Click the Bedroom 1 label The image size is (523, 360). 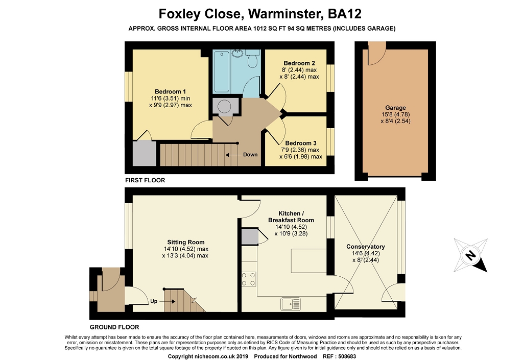170,92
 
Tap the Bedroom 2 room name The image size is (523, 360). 299,63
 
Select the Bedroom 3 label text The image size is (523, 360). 301,143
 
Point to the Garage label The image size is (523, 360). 396,108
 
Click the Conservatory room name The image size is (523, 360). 366,247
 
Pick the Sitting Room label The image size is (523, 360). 186,243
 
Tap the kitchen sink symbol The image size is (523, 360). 291,304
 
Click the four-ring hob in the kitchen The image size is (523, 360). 249,279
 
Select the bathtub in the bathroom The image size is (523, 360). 222,71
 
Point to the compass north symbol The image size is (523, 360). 470,255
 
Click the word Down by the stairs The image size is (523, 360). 250,155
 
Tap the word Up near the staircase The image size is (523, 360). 154,301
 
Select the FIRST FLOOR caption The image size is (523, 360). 145,180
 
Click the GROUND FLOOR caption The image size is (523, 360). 114,327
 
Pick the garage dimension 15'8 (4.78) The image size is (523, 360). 396,114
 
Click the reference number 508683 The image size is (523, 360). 347,356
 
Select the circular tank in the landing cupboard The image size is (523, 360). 224,107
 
